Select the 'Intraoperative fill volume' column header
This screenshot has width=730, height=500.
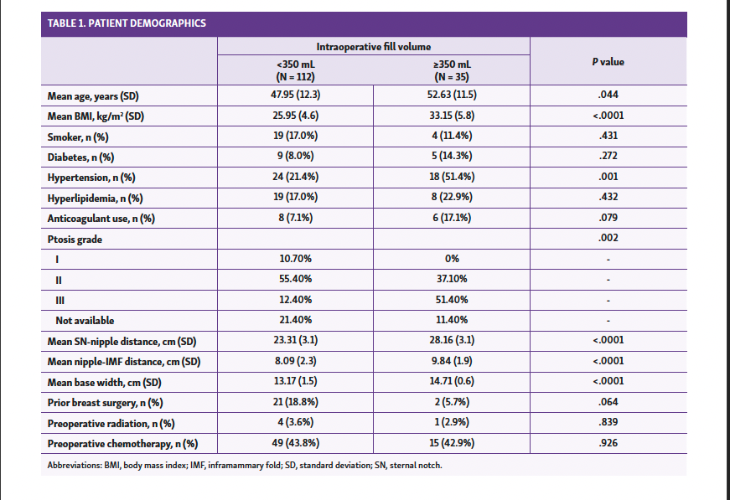(x=374, y=47)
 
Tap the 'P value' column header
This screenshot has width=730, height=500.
(x=608, y=62)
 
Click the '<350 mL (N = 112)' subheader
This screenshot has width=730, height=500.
(x=295, y=70)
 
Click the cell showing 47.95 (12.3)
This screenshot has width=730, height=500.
(x=295, y=95)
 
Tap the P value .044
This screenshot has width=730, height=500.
(x=608, y=95)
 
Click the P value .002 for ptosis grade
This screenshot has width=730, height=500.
(x=608, y=239)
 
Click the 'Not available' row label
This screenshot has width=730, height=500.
(x=85, y=320)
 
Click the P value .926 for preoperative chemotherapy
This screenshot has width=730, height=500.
(x=608, y=442)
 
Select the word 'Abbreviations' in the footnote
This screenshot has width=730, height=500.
(x=72, y=465)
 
